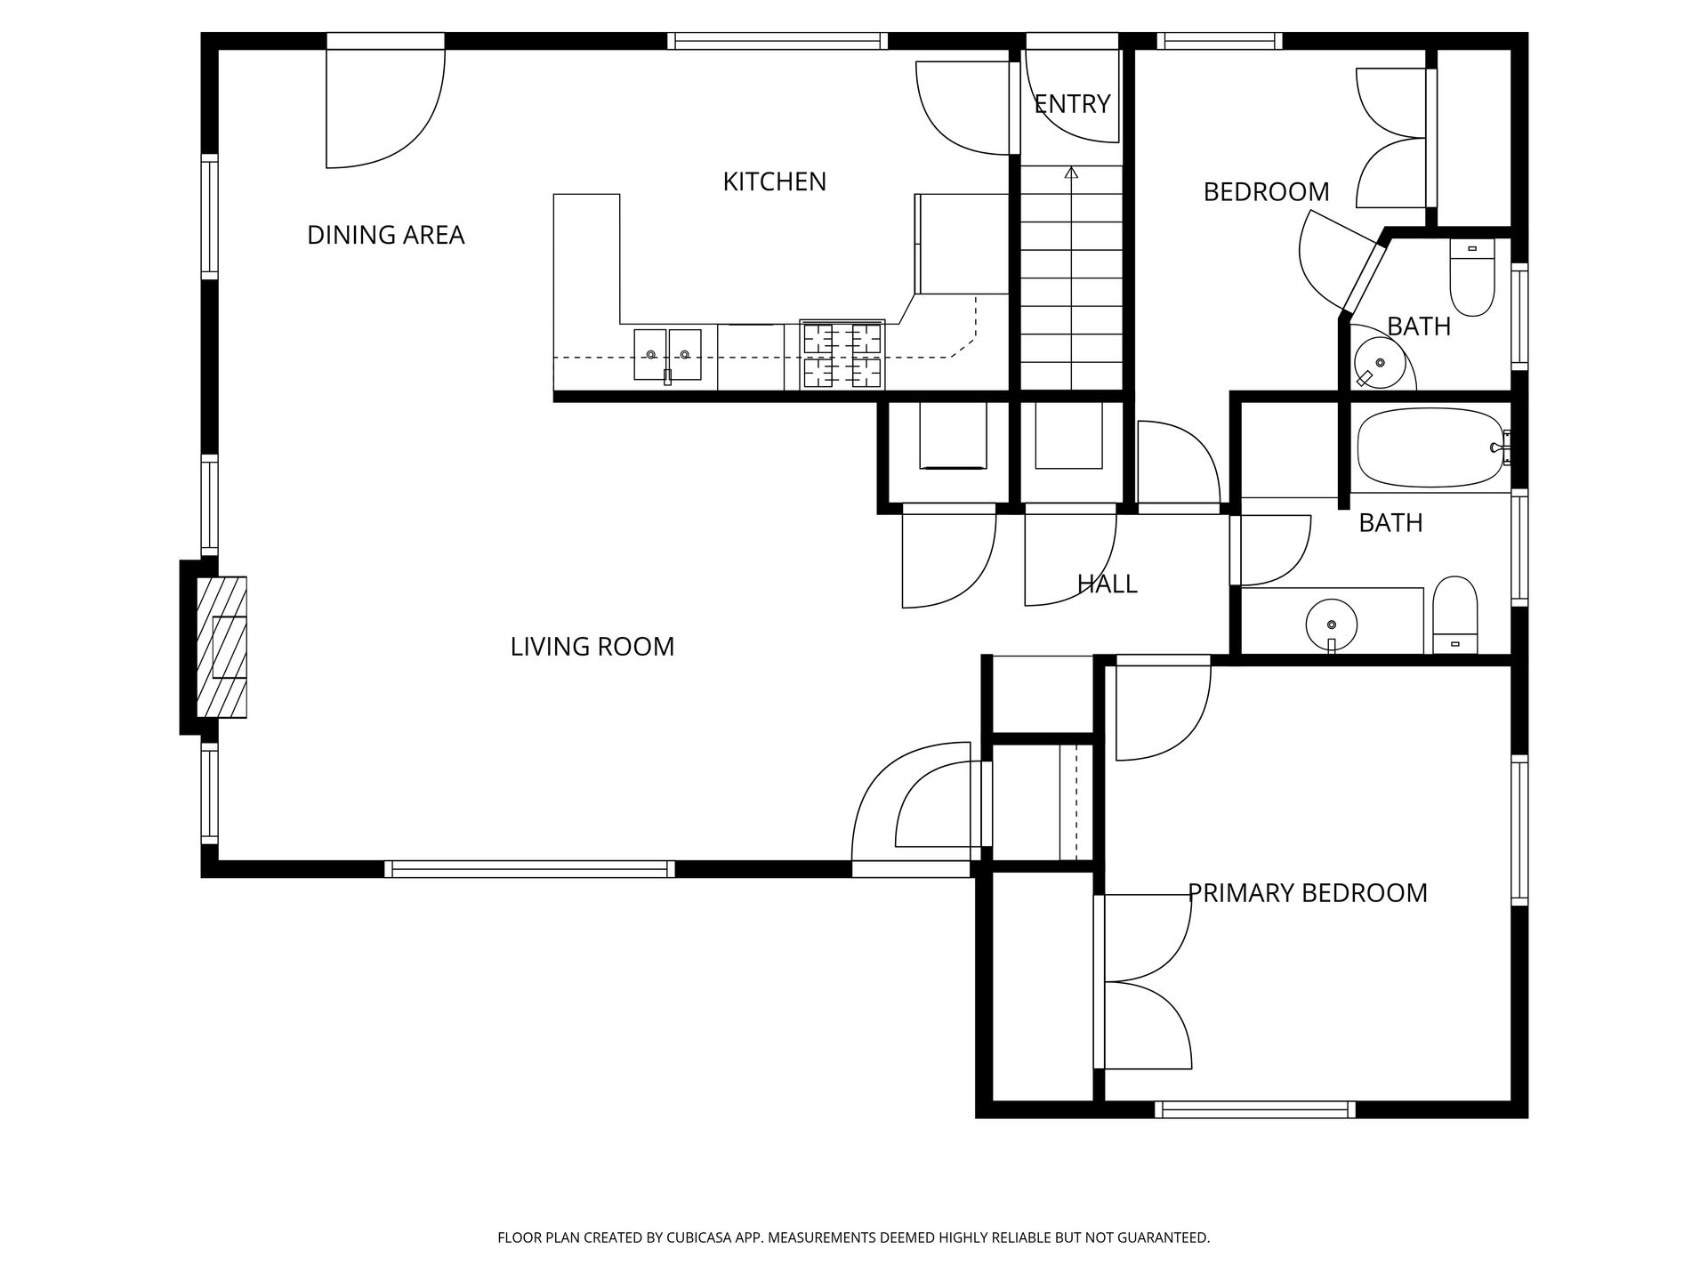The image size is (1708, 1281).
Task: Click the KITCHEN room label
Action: point(774,181)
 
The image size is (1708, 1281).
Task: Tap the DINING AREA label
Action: point(385,235)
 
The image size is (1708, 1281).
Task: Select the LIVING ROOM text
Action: point(592,647)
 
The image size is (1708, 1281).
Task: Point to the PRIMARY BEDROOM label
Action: point(1307,893)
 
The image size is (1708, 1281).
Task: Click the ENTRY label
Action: point(1072,104)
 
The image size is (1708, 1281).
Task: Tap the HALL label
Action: point(1107,584)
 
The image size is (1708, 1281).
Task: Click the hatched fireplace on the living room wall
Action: point(221,647)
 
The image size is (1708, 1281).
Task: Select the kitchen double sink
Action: point(667,354)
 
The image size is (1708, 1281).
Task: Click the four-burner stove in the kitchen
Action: point(842,355)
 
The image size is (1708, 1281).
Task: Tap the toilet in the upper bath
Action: point(1472,277)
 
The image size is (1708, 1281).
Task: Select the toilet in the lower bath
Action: point(1454,615)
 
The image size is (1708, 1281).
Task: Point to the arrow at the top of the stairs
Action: point(1071,173)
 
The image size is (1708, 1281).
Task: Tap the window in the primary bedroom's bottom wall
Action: point(1254,1109)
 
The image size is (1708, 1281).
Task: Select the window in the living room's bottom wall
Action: point(529,869)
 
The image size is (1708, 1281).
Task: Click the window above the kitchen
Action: point(777,40)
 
